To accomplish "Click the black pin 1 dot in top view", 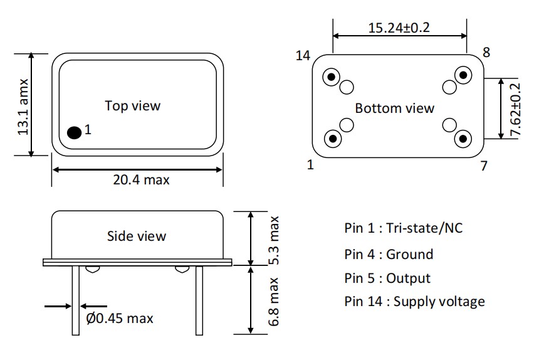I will tap(74, 132).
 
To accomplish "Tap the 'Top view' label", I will tap(132, 105).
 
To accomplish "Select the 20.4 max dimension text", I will tap(141, 180).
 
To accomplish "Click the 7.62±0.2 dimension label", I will tap(515, 110).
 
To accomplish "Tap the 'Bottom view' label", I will tap(394, 108).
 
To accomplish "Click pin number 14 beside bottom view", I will tap(303, 56).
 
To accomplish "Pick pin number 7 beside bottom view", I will tap(483, 166).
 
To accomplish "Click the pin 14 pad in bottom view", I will tap(332, 78).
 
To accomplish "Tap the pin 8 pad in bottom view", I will tap(463, 76).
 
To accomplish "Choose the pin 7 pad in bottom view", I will tap(463, 139).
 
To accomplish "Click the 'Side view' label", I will tap(137, 236).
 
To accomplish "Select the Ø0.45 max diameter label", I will tap(120, 319).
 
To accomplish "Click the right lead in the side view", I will tap(199, 300).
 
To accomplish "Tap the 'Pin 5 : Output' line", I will tap(387, 278).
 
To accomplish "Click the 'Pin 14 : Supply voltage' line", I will tap(414, 302).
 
